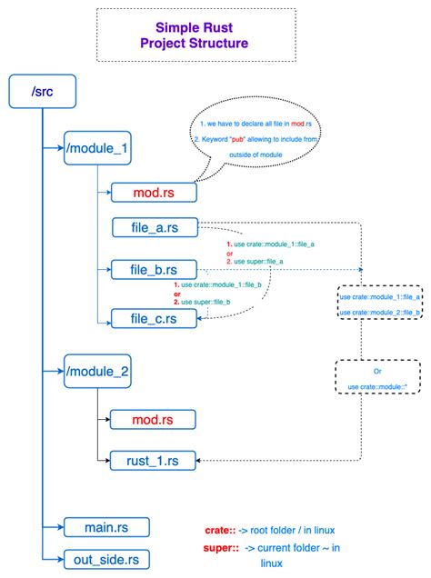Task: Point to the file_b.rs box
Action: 154,270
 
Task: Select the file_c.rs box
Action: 154,317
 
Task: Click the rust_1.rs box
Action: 154,461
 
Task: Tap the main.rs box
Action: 106,526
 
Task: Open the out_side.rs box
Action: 106,558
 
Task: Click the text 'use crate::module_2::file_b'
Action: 379,312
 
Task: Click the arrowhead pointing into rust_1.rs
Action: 200,461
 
